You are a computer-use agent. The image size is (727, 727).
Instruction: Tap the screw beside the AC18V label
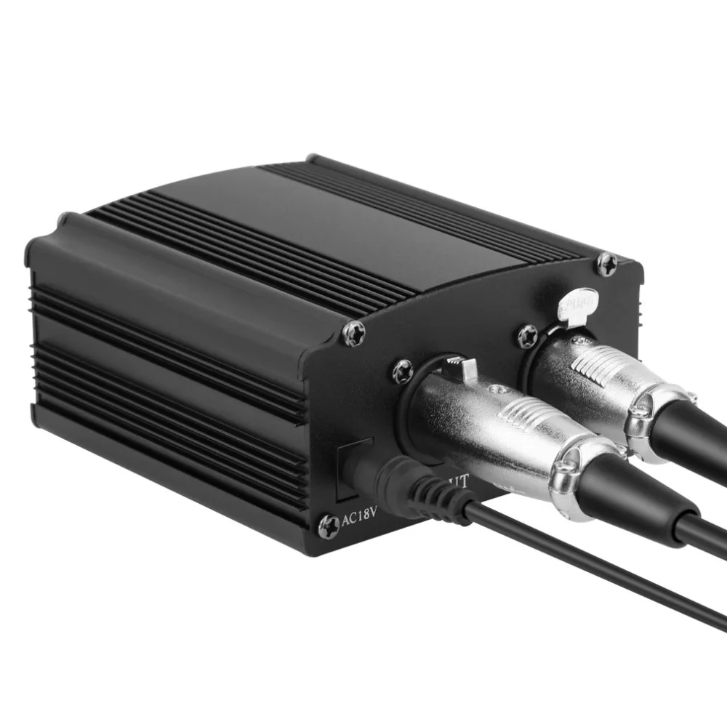tap(329, 521)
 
